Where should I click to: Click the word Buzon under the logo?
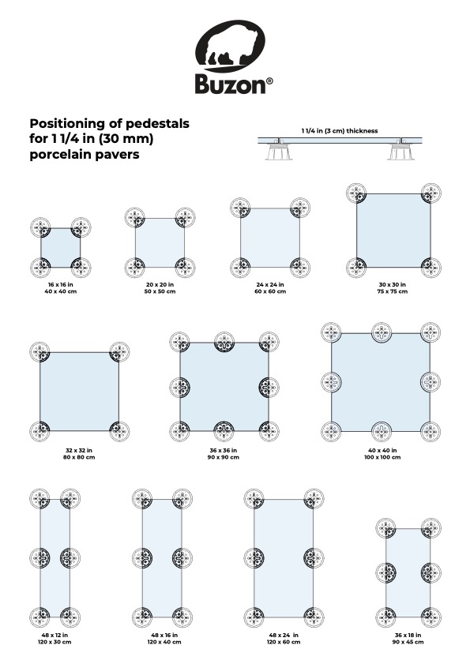230,84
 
